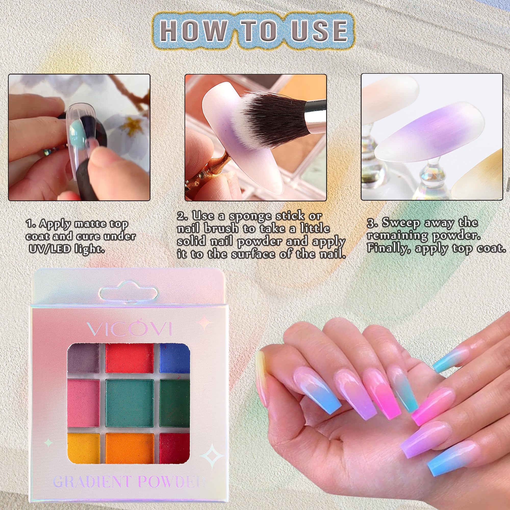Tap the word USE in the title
coord(319,31)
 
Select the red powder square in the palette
coord(129,358)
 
